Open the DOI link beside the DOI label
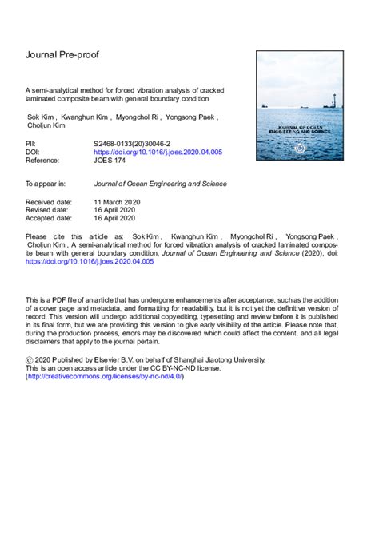click(158, 150)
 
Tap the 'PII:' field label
click(33, 141)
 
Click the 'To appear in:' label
click(47, 183)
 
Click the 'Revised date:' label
click(49, 210)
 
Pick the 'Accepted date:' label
click(51, 218)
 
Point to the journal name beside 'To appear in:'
click(160, 183)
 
